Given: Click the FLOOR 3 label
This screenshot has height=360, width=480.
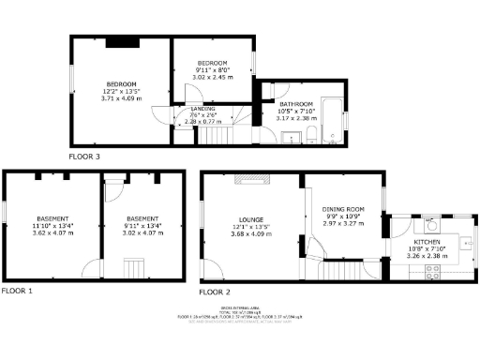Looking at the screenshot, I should click(x=85, y=157).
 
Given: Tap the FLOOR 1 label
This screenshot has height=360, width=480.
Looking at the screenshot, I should click(x=17, y=292).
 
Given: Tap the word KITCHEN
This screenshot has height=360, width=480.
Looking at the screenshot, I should click(x=428, y=242).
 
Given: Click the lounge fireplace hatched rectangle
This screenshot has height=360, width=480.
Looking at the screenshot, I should click(x=251, y=178).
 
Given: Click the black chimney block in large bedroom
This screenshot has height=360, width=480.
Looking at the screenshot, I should click(x=123, y=41).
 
